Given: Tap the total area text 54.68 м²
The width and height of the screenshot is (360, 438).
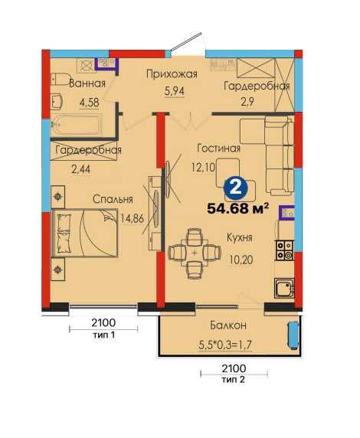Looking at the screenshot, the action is point(238,208).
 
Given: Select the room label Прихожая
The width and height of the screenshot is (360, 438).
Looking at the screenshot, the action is point(172,74).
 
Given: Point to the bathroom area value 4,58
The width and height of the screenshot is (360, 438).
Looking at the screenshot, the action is point(90,103).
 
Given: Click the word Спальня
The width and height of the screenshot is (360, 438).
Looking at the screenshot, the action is point(113,199).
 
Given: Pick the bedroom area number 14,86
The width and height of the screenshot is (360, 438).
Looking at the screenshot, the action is point(132,218).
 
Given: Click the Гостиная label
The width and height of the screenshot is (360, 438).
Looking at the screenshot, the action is point(218,148).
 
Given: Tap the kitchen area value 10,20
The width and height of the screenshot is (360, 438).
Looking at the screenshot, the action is point(241,260).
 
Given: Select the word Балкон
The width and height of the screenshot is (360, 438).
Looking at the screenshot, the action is point(228,325).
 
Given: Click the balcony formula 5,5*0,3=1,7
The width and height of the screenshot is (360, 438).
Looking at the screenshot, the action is point(225,345).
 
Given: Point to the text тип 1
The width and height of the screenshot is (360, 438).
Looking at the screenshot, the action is point(103,335).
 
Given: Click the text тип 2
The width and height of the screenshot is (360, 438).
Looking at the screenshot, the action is point(234,379).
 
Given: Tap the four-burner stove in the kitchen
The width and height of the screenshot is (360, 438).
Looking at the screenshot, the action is point(284,250).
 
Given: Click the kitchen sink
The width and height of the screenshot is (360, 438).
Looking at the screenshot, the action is point(284,288).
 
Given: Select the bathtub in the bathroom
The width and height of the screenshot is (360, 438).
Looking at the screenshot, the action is point(76,126).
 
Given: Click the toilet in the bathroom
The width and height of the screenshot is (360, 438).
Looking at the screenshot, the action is point(59,80).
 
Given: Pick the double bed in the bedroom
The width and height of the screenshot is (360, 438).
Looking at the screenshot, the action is point(84,233).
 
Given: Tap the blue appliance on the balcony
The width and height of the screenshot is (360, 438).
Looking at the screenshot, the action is point(293,335).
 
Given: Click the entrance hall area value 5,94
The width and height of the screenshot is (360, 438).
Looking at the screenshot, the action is point(174,91).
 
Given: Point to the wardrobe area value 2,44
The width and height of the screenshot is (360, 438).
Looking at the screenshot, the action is point(80,169).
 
